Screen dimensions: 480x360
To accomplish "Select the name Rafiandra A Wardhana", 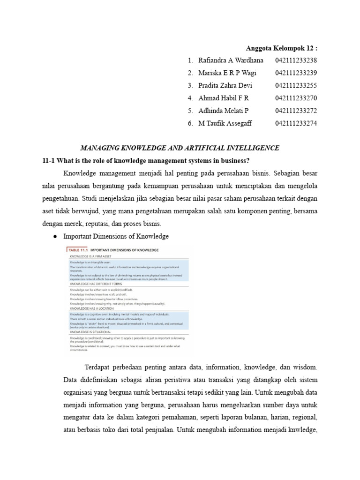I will [x=231, y=60].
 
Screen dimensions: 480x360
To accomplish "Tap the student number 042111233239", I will [x=296, y=73].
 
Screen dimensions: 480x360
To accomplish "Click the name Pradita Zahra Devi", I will [x=225, y=86].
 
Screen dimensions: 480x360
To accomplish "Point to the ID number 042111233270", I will [x=296, y=98].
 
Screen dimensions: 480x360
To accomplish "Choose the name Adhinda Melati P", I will [x=223, y=111].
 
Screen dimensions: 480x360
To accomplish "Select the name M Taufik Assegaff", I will [x=225, y=124].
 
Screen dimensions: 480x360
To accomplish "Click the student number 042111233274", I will [x=296, y=124].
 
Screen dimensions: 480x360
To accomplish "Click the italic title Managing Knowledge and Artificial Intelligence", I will [x=180, y=148].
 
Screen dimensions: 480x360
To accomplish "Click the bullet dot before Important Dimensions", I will [x=54, y=237].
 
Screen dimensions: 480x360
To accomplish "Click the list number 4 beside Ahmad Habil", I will [x=190, y=98].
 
